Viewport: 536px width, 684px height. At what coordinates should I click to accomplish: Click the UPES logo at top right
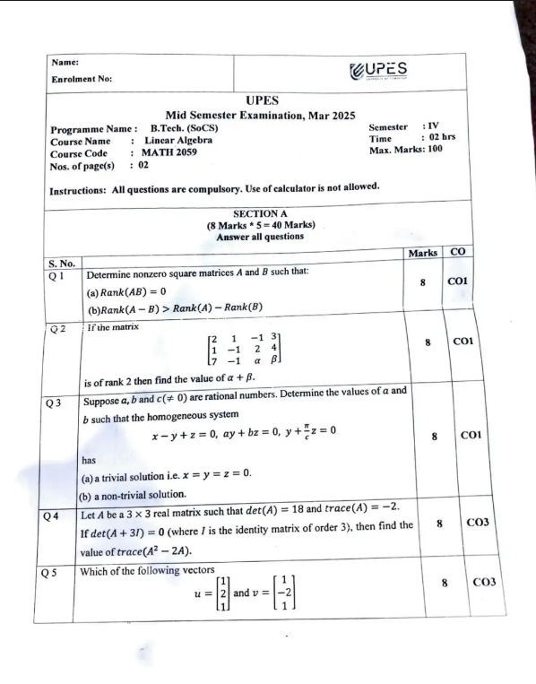click(376, 70)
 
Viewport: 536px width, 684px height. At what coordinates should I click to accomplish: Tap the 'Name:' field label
click(65, 62)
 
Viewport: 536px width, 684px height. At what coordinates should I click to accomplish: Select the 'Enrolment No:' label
click(82, 79)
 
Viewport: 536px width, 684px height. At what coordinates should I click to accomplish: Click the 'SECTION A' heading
click(260, 214)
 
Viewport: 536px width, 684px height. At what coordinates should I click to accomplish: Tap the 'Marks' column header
click(422, 253)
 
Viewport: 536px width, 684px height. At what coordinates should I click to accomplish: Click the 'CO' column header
click(458, 253)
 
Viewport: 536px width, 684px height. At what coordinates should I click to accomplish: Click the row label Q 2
click(58, 329)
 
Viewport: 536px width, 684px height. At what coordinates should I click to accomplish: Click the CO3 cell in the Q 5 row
click(483, 582)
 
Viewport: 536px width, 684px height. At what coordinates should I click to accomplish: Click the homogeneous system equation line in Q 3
click(244, 431)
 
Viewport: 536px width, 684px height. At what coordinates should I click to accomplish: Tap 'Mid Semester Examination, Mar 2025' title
click(260, 115)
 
